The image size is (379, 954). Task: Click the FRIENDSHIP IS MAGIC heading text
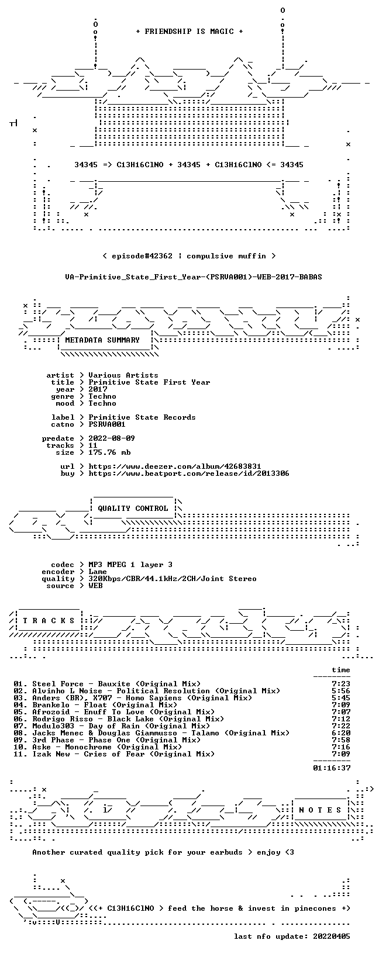pyautogui.click(x=189, y=32)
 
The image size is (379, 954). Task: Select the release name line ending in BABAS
pyautogui.click(x=194, y=277)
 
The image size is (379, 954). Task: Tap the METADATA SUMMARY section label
pyautogui.click(x=102, y=340)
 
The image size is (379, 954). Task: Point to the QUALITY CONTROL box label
pyautogui.click(x=133, y=509)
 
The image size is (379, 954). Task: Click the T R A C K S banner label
pyautogui.click(x=49, y=621)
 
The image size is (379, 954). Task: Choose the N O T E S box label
pyautogui.click(x=320, y=810)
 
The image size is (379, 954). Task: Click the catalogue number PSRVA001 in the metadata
pyautogui.click(x=107, y=424)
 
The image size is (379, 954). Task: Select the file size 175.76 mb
pyautogui.click(x=109, y=452)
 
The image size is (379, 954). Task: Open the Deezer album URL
pyautogui.click(x=175, y=467)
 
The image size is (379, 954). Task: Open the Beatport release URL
pyautogui.click(x=189, y=473)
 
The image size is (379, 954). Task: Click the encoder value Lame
pyautogui.click(x=98, y=572)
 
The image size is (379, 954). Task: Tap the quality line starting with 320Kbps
pyautogui.click(x=173, y=579)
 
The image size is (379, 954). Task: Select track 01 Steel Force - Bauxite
pyautogui.click(x=107, y=684)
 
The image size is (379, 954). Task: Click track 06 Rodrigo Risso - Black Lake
pyautogui.click(x=119, y=719)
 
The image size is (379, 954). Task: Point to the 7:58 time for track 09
pyautogui.click(x=341, y=740)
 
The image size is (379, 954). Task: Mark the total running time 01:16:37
pyautogui.click(x=332, y=768)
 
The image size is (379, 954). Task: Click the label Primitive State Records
pyautogui.click(x=142, y=417)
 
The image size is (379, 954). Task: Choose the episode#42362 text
pyautogui.click(x=142, y=257)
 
